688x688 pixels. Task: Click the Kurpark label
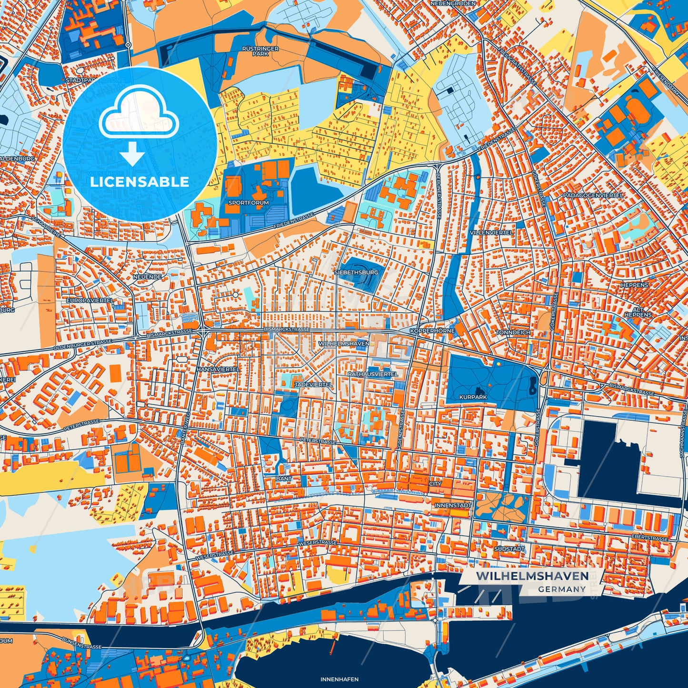coord(473,397)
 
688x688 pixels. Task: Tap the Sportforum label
coord(249,202)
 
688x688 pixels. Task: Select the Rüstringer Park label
coord(260,51)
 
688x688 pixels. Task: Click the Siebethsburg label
coord(356,272)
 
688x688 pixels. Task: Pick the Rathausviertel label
coord(372,374)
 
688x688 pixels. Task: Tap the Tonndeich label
coord(513,332)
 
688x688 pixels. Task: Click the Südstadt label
coord(509,549)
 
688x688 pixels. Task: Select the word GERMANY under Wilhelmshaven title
coord(562,589)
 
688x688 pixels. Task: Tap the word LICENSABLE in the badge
coord(140,182)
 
